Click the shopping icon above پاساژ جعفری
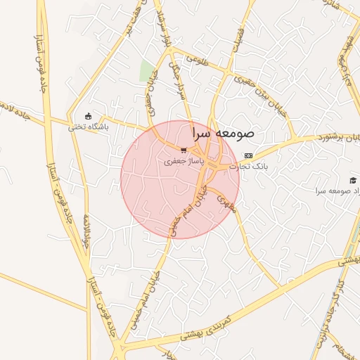pos(184,150)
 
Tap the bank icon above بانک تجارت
pos(247,155)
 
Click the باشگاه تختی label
pos(89,127)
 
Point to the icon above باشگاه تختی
pos(88,116)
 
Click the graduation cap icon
pos(352,181)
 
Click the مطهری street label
pos(223,202)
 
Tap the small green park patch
pos(147,71)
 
